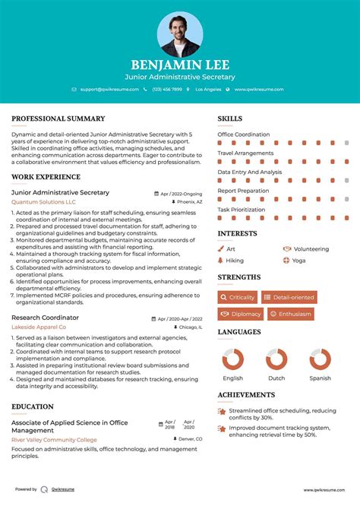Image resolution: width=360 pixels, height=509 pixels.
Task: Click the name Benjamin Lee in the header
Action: point(180,65)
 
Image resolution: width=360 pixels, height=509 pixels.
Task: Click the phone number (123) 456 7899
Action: point(166,90)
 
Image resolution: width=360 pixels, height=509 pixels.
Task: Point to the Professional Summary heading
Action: point(58,119)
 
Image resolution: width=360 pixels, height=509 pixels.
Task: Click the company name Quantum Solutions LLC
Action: point(43,203)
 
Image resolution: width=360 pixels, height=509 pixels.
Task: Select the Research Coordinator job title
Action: point(45,318)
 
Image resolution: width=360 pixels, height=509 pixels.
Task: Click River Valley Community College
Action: point(54,440)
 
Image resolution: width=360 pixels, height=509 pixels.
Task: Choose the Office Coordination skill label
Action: point(244,134)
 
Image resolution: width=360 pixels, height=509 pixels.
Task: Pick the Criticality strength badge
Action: point(238,297)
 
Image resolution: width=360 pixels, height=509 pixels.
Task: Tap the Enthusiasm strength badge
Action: point(290,314)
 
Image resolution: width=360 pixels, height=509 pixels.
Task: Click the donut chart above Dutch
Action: point(276,359)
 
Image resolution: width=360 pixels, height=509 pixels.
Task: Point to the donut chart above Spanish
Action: point(320,359)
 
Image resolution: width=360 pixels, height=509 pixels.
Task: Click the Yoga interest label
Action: point(298,260)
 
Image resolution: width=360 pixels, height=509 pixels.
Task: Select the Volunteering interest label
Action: point(311,248)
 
